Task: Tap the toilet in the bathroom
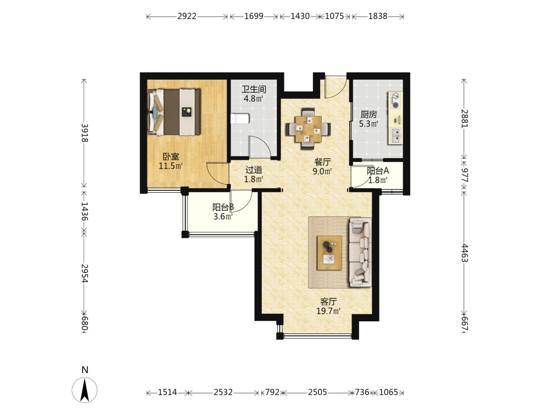pyautogui.click(x=240, y=119)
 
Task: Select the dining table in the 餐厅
pyautogui.click(x=309, y=129)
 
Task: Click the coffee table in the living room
pyautogui.click(x=329, y=253)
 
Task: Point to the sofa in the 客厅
pyautogui.click(x=360, y=253)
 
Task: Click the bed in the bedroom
pyautogui.click(x=174, y=112)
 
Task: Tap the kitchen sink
pyautogui.click(x=395, y=136)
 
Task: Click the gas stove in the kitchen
pyautogui.click(x=395, y=100)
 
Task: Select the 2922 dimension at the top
pyautogui.click(x=187, y=16)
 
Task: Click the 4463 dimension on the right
pyautogui.click(x=464, y=253)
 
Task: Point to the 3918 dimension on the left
pyautogui.click(x=85, y=133)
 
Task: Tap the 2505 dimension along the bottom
pyautogui.click(x=318, y=392)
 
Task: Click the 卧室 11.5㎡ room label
pyautogui.click(x=171, y=161)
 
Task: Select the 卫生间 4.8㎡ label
pyautogui.click(x=254, y=93)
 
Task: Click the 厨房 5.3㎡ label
pyautogui.click(x=369, y=119)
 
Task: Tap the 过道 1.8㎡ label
pyautogui.click(x=254, y=175)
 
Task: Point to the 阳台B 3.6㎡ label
pyautogui.click(x=223, y=211)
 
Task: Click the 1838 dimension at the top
pyautogui.click(x=378, y=16)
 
